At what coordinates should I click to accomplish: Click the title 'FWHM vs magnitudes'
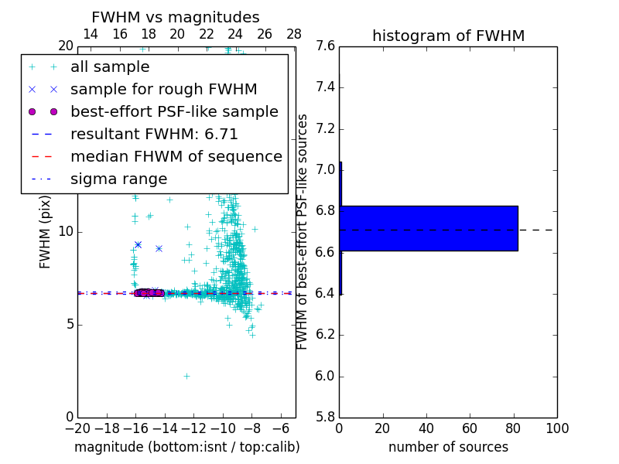[176, 17]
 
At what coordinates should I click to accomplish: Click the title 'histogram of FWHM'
[448, 36]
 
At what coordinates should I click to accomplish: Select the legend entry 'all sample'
[110, 67]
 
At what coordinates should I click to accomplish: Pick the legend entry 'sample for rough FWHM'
[163, 90]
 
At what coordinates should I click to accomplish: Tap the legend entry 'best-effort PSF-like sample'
[174, 112]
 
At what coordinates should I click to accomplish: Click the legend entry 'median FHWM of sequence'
[176, 157]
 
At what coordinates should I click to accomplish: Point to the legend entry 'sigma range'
[118, 179]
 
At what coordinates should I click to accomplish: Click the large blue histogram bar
[429, 228]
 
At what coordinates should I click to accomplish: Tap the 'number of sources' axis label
[448, 447]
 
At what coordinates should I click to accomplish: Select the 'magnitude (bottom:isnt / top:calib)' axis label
[186, 447]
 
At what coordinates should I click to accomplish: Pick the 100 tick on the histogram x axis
[557, 428]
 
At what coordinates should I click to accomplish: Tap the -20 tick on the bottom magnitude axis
[77, 428]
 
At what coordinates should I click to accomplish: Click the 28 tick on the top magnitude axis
[294, 34]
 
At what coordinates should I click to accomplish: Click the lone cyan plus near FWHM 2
[186, 376]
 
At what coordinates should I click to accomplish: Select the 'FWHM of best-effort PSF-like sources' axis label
[303, 232]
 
